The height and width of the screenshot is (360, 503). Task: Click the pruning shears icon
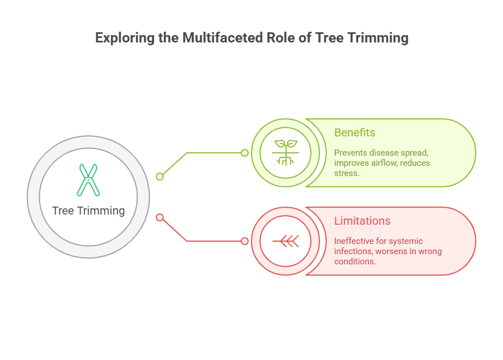pos(88,180)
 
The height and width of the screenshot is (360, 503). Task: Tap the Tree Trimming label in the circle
pos(88,211)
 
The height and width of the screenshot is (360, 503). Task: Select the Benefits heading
pos(355,132)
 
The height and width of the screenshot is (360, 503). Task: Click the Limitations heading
pos(362,221)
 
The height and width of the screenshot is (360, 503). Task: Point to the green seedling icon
pos(285,152)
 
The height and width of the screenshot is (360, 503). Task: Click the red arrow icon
pos(285,241)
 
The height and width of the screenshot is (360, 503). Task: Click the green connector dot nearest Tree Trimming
pos(160,177)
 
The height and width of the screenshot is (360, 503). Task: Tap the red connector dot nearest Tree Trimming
pos(160,217)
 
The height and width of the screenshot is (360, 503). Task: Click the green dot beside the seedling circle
pos(245,153)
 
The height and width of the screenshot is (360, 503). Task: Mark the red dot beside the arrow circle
pos(245,241)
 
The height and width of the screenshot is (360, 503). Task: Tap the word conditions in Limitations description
pos(354,262)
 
